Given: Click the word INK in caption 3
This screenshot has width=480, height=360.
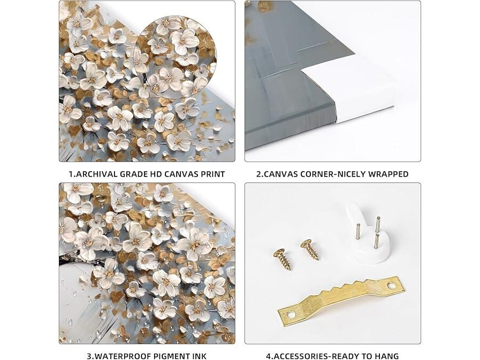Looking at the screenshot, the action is pyautogui.click(x=199, y=356).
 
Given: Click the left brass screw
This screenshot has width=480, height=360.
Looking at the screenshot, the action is pyautogui.click(x=282, y=259).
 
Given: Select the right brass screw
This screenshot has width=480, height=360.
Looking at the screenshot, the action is pyautogui.click(x=310, y=249).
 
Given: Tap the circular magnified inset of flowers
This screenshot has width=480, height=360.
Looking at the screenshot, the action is pyautogui.click(x=175, y=57).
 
